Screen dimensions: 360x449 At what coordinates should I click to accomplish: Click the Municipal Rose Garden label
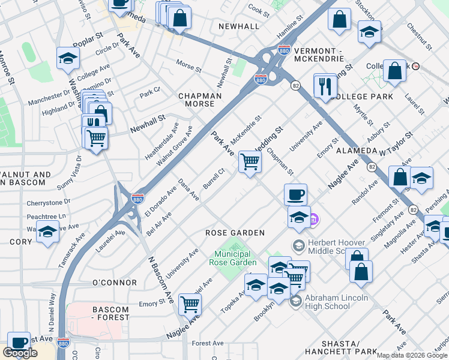tap(233, 258)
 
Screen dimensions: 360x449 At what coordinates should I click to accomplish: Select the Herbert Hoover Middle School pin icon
tap(298, 245)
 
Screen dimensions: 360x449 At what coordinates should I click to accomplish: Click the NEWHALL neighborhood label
tap(239, 26)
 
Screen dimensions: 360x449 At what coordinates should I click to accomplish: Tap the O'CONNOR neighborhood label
tap(114, 282)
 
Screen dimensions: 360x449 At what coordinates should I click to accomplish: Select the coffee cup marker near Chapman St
tap(295, 195)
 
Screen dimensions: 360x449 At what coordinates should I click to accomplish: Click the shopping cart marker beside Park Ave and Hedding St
tap(250, 161)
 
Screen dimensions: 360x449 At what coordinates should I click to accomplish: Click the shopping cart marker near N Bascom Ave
tap(190, 305)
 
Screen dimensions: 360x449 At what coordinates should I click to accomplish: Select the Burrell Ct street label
tap(213, 178)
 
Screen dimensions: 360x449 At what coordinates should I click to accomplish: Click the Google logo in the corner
tap(20, 353)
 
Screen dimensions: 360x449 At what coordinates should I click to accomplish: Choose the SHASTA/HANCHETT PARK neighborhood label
tap(340, 347)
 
